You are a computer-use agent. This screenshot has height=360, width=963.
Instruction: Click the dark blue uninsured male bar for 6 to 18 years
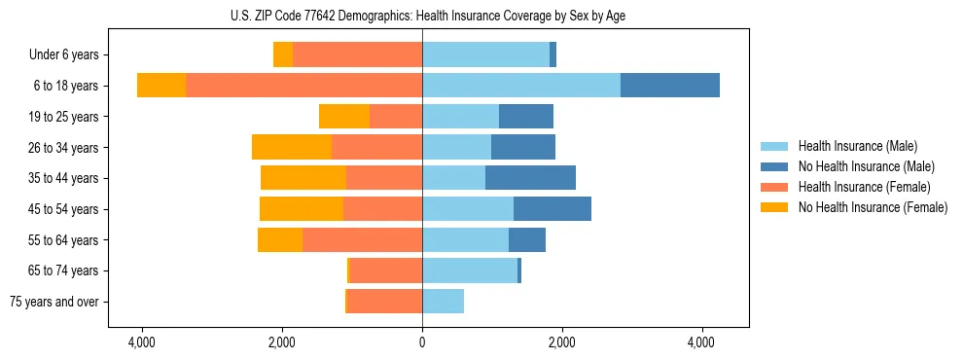pyautogui.click(x=669, y=86)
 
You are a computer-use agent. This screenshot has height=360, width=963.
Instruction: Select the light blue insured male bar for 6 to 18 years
pyautogui.click(x=520, y=86)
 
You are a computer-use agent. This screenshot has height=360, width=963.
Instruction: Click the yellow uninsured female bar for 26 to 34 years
pyautogui.click(x=291, y=147)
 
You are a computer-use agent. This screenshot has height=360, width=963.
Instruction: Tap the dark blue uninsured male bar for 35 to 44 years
pyautogui.click(x=530, y=178)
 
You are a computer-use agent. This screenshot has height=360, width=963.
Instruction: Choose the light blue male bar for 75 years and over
pyautogui.click(x=443, y=302)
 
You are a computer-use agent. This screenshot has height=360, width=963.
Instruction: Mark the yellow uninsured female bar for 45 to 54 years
pyautogui.click(x=301, y=209)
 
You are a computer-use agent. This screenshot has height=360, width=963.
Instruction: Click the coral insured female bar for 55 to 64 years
pyautogui.click(x=362, y=240)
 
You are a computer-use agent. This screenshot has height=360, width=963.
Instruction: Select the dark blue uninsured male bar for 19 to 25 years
pyautogui.click(x=525, y=117)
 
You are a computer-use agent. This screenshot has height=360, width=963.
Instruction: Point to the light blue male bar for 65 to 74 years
pyautogui.click(x=469, y=270)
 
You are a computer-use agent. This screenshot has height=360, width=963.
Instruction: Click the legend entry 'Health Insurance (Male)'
pyautogui.click(x=857, y=146)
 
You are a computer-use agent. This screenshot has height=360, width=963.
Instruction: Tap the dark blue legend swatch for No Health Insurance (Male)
pyautogui.click(x=774, y=166)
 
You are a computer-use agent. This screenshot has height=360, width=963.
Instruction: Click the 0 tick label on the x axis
pyautogui.click(x=422, y=343)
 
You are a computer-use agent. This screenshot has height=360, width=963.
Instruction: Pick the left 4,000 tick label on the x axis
pyautogui.click(x=142, y=343)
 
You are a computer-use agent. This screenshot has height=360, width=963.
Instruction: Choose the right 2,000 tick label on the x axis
pyautogui.click(x=561, y=343)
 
